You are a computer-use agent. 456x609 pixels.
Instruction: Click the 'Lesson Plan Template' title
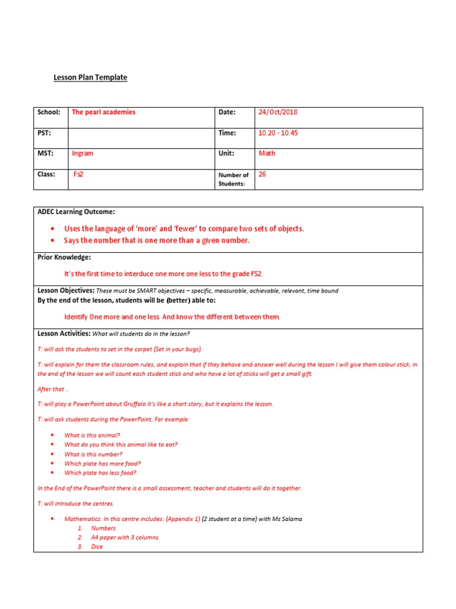[90, 77]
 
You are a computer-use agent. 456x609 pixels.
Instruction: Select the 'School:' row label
[49, 112]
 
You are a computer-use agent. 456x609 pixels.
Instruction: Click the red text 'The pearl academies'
[103, 112]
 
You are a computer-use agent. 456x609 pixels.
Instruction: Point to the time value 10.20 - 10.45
[278, 133]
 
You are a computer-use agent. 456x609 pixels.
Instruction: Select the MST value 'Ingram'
[83, 153]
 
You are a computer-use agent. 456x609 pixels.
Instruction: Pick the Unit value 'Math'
[267, 153]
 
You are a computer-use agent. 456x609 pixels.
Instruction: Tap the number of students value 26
[262, 174]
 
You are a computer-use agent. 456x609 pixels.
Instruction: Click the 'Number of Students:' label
[233, 179]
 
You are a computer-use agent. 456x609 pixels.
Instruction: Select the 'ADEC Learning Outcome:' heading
[76, 212]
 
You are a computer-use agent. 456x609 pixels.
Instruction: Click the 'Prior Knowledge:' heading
[64, 258]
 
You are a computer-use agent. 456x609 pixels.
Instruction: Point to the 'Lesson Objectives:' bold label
[66, 290]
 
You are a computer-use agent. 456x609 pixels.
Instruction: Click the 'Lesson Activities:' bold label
[64, 333]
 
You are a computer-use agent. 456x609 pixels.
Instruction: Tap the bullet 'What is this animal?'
[92, 435]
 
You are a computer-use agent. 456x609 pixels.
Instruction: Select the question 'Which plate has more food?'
[102, 463]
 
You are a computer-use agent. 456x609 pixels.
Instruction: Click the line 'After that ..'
[53, 388]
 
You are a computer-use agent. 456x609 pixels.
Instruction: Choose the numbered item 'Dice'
[97, 547]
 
